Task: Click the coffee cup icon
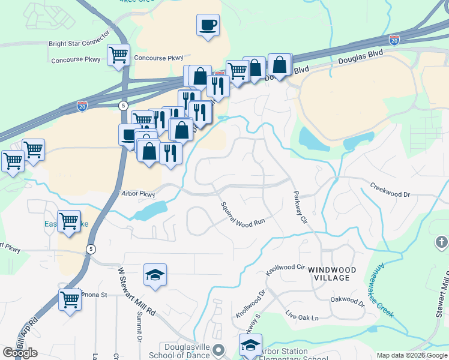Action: (208, 25)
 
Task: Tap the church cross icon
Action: (441, 244)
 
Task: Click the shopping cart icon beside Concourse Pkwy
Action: (118, 55)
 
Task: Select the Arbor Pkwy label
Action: (138, 194)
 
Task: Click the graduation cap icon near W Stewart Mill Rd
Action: (155, 275)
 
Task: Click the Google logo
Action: (20, 353)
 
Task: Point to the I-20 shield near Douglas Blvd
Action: (394, 40)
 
